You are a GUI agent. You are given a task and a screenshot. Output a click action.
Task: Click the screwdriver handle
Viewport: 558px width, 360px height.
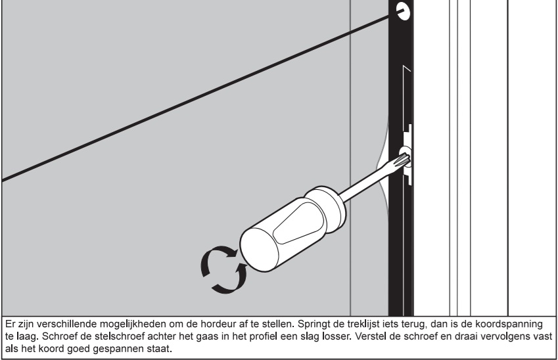pos(292,228)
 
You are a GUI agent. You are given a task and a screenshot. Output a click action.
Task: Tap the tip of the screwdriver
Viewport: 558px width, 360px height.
pos(407,158)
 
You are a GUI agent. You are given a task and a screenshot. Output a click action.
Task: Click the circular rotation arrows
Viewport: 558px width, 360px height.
pos(224,269)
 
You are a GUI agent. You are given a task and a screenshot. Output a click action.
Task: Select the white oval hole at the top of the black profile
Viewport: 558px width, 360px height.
pos(403,11)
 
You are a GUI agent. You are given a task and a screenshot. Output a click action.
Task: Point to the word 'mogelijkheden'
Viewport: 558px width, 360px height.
pos(133,325)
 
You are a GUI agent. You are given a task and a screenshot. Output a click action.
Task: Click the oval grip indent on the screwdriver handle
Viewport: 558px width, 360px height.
pos(299,223)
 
